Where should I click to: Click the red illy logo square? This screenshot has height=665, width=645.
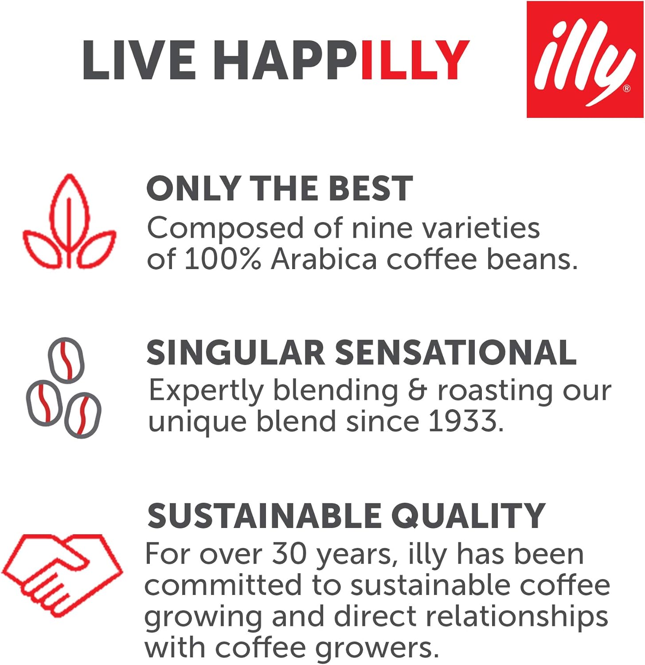tap(584, 59)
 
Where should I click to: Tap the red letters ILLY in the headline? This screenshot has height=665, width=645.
tap(415, 60)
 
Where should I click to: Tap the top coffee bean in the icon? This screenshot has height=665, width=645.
tap(66, 358)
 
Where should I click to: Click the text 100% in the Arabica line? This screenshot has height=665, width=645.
tap(222, 259)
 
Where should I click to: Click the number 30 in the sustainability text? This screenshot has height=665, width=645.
tap(289, 554)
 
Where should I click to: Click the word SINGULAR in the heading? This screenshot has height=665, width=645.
tap(235, 353)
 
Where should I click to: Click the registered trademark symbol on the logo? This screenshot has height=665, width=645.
tap(626, 89)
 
